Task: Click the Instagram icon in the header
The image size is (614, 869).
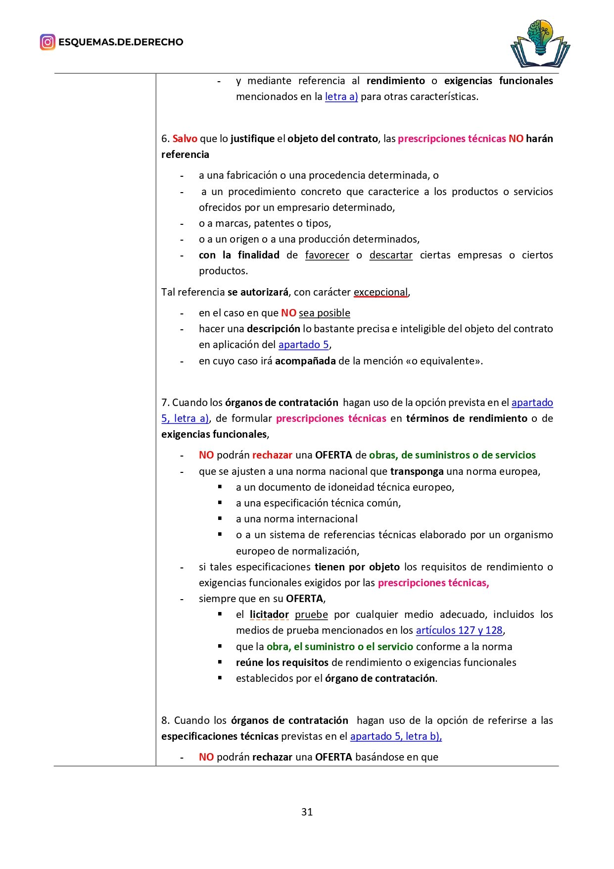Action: (x=47, y=42)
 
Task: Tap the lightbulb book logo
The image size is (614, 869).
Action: (x=540, y=44)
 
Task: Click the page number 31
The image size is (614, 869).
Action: (x=307, y=812)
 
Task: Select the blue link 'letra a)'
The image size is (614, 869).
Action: (x=341, y=97)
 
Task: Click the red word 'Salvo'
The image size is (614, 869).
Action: (x=185, y=139)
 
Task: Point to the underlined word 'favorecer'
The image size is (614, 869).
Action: (x=327, y=255)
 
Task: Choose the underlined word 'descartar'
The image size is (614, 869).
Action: (x=391, y=255)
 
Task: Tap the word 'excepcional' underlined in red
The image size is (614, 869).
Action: (x=380, y=292)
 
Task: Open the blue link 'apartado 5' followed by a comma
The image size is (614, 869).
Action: (x=303, y=345)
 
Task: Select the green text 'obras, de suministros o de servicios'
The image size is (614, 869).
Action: (x=452, y=455)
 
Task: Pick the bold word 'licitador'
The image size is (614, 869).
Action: (x=269, y=614)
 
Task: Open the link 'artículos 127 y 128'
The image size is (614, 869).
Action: (x=459, y=630)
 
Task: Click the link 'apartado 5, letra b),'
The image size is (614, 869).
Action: (x=396, y=736)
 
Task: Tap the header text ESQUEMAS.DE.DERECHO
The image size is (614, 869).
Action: (x=121, y=42)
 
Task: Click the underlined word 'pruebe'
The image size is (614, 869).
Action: (x=311, y=614)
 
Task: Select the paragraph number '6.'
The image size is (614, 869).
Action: (x=165, y=139)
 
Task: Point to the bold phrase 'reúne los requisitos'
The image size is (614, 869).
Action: (x=282, y=663)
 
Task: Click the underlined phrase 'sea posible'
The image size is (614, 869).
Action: (x=324, y=313)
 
